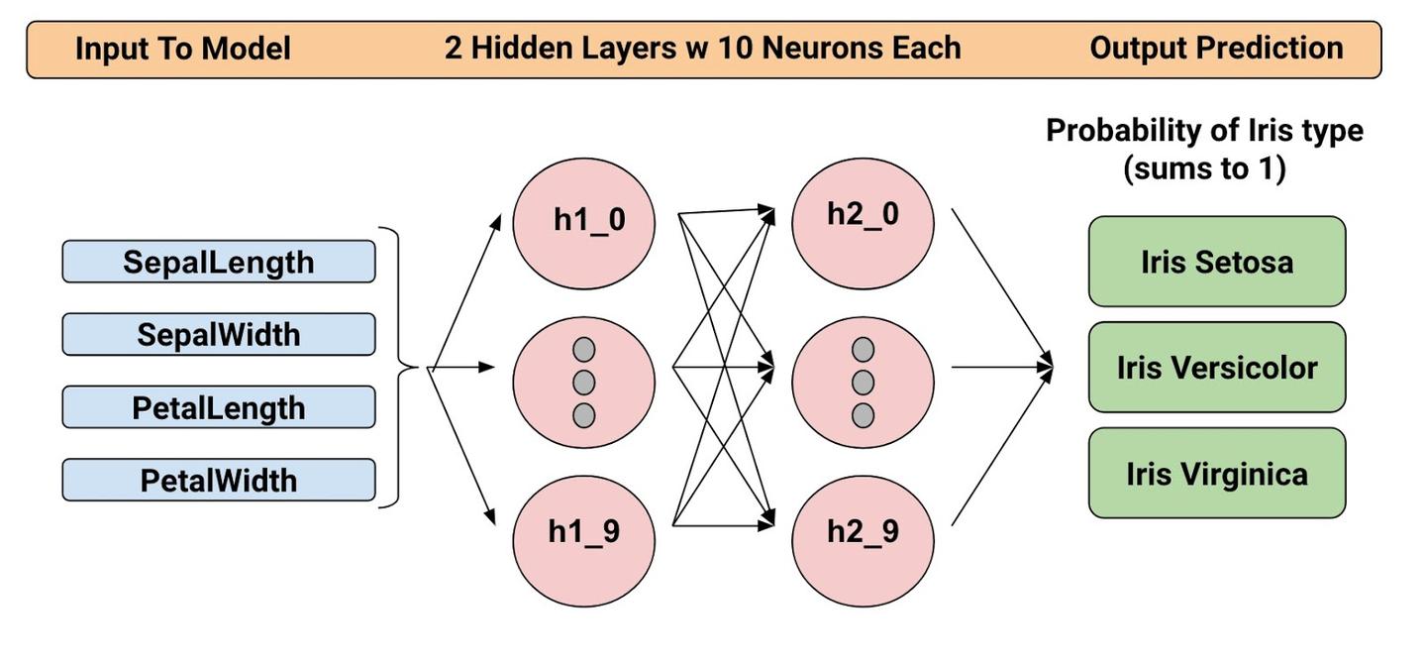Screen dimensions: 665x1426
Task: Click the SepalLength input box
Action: click(218, 262)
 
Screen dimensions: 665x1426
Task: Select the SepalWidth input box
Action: click(218, 334)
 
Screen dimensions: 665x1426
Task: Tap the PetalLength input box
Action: click(218, 407)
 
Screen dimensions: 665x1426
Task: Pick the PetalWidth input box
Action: click(218, 481)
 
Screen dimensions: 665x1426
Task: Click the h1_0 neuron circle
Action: click(584, 222)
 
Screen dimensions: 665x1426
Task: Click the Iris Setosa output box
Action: click(1217, 262)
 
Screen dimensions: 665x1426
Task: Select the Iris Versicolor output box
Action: click(1217, 368)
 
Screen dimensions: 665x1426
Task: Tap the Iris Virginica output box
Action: click(1217, 474)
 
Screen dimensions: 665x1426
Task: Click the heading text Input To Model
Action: click(182, 49)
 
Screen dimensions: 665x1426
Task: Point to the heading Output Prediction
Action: click(1216, 48)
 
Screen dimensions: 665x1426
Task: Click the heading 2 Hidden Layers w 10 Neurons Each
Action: click(702, 48)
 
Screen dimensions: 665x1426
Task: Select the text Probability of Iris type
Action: click(1204, 130)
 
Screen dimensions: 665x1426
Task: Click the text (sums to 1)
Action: click(1204, 168)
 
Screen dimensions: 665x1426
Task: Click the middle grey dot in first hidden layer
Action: click(584, 383)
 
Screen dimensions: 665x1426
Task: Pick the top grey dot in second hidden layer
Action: click(864, 350)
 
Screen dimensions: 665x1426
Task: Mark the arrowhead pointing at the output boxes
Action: click(1045, 368)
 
